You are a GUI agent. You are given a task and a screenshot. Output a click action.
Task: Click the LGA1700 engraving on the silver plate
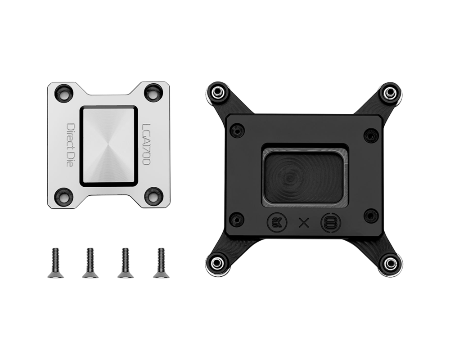pyautogui.click(x=146, y=144)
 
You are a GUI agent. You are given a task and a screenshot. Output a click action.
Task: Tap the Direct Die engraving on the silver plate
pyautogui.click(x=70, y=145)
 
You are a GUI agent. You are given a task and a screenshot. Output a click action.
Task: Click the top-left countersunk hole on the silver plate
pyautogui.click(x=64, y=92)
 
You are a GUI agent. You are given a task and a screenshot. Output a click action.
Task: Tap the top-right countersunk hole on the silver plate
pyautogui.click(x=153, y=92)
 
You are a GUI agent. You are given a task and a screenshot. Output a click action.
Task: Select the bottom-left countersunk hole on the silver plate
pyautogui.click(x=64, y=196)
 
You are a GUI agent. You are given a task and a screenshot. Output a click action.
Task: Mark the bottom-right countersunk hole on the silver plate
pyautogui.click(x=153, y=196)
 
